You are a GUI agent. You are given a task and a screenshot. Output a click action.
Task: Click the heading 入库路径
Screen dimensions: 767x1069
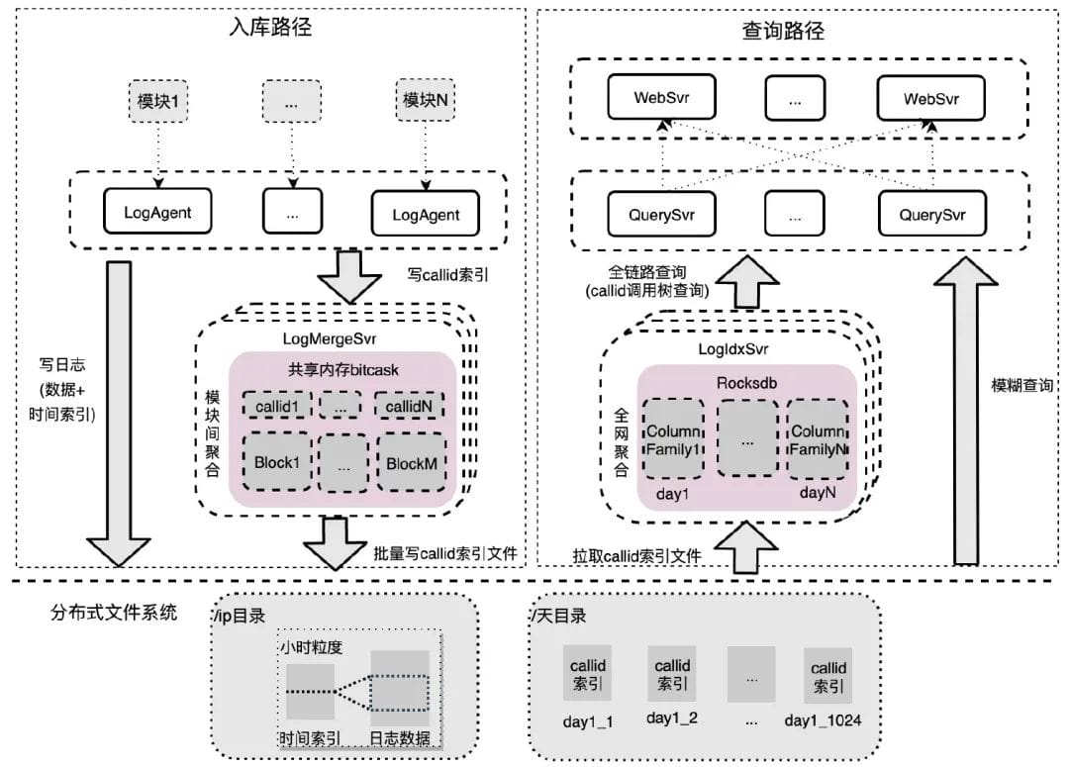(269, 27)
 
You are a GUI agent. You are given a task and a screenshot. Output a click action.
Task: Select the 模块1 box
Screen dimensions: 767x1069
(158, 100)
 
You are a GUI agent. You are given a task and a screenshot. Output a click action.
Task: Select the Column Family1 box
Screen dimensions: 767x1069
(673, 441)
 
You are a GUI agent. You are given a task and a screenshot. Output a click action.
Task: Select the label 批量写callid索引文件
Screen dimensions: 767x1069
(445, 554)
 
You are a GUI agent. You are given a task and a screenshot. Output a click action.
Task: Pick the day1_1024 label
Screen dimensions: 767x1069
(822, 719)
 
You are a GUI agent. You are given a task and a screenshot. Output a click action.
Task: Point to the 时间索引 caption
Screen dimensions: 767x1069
(310, 737)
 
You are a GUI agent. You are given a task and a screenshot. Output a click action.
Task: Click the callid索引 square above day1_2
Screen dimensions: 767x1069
(673, 674)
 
